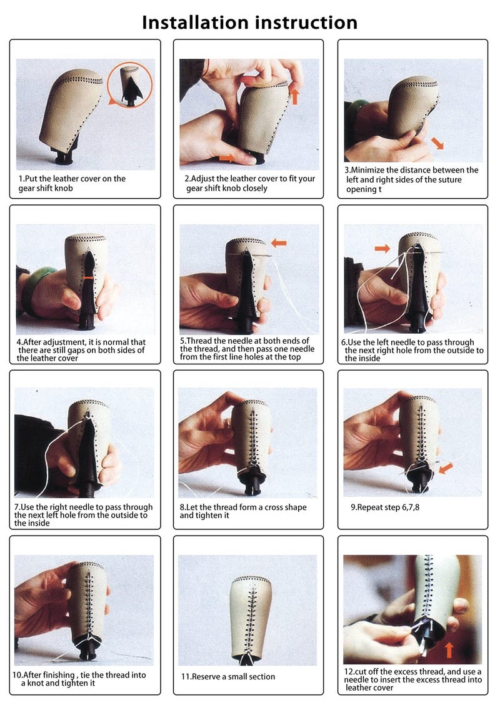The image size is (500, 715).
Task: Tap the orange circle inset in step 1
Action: click(131, 85)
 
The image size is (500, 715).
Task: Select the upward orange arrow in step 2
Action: click(294, 96)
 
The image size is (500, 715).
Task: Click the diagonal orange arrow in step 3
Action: click(437, 142)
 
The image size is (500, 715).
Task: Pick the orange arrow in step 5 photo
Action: click(279, 243)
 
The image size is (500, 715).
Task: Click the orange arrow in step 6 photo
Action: click(382, 248)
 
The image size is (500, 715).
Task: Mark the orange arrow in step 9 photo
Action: click(446, 468)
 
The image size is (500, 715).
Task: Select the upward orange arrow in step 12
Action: click(449, 650)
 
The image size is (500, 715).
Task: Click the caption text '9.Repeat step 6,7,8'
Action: click(384, 507)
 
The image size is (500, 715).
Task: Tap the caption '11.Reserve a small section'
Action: click(228, 677)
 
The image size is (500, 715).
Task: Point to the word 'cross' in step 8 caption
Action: click(274, 507)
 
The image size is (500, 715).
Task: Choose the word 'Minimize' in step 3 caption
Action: click(368, 170)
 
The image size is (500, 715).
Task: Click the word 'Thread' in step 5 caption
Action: click(199, 341)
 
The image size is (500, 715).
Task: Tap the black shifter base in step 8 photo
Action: click(252, 481)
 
